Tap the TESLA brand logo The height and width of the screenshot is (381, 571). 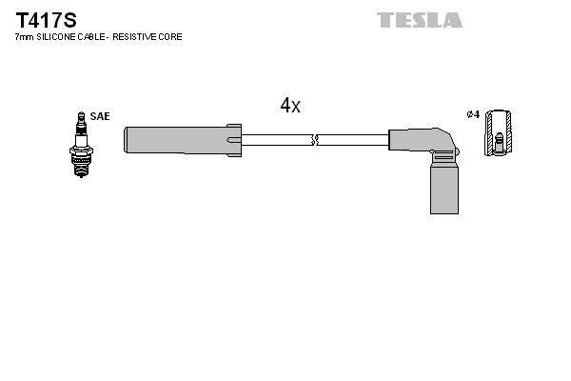419,20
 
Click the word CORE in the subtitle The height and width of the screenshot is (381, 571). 171,37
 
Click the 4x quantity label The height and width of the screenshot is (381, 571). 289,107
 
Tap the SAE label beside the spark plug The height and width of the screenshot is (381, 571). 101,116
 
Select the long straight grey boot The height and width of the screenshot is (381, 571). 176,140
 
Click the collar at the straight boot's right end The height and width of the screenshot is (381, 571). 234,140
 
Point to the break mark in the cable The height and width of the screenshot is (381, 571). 315,140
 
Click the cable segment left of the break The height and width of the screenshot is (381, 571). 277,140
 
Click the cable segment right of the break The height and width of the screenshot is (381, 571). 352,140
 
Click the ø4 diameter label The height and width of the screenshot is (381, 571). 472,116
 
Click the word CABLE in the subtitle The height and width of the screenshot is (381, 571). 95,37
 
